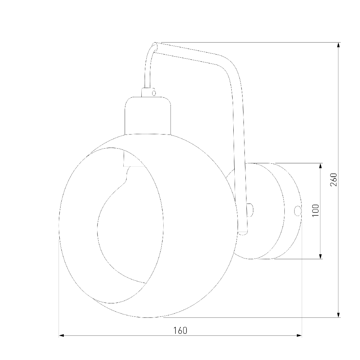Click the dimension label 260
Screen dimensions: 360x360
coord(333,180)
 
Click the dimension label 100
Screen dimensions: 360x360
coord(316,210)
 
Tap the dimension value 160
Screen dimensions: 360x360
coord(180,331)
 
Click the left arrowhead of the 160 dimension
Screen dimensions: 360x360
coord(62,336)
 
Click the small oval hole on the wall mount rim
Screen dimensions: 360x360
coord(297,211)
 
